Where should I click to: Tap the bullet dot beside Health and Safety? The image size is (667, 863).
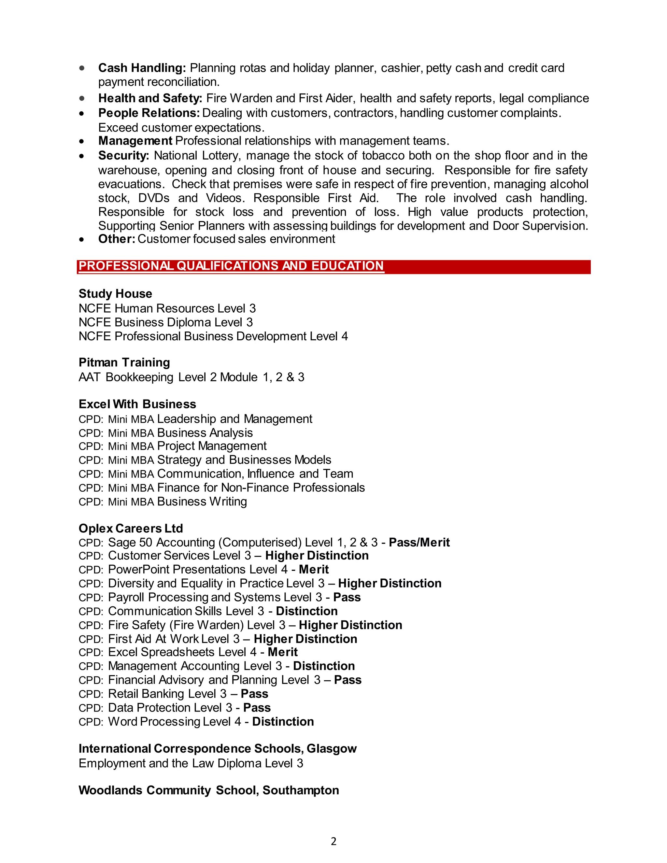[x=82, y=98]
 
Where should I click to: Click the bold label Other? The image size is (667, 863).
[x=117, y=239]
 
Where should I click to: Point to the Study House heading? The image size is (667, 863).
[x=115, y=294]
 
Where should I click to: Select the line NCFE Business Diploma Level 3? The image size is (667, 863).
[x=165, y=322]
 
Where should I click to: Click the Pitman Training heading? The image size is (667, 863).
[x=124, y=362]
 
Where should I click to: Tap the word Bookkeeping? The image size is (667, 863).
[x=139, y=377]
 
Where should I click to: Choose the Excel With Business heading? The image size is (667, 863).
[x=137, y=404]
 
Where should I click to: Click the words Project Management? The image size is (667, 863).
[x=212, y=446]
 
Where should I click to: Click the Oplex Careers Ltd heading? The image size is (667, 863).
[x=131, y=528]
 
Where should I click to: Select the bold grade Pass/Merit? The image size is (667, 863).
[x=419, y=543]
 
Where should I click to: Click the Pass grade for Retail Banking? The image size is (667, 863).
[x=254, y=694]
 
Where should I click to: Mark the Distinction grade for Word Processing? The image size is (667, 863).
[x=283, y=722]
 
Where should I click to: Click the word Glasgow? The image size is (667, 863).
[x=332, y=748]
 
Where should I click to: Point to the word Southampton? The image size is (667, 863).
[x=300, y=790]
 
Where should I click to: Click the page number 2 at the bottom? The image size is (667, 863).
[x=333, y=842]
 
